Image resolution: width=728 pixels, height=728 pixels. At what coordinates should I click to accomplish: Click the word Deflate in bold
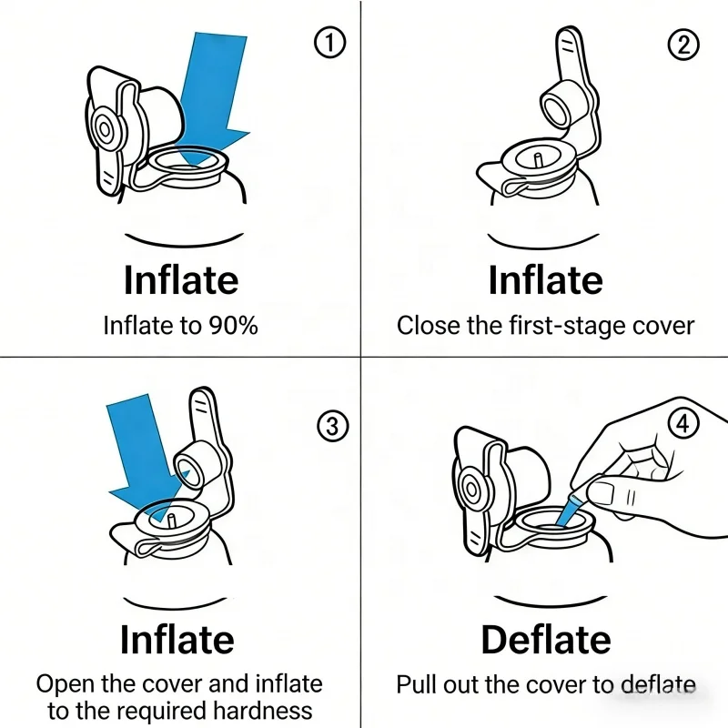tap(544, 641)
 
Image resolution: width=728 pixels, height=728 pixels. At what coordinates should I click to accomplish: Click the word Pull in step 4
tap(417, 684)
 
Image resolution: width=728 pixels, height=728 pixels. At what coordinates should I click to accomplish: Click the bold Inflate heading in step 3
tap(177, 640)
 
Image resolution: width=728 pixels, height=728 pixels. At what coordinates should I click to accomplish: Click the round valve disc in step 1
tap(106, 132)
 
